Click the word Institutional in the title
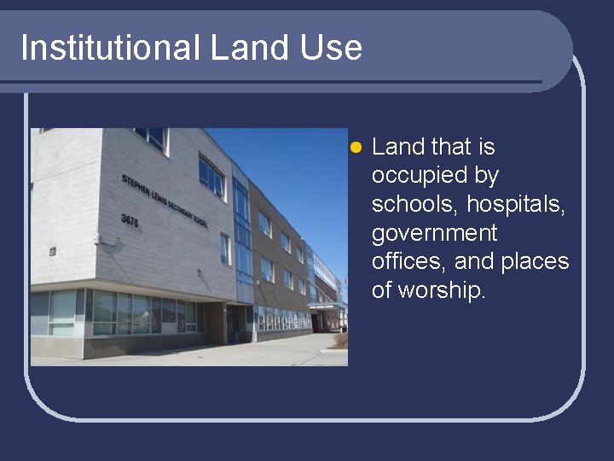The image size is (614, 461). pos(110,48)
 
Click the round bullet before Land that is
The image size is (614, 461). pos(356,148)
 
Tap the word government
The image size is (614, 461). pos(434,233)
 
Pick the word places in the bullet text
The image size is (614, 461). pos(535,261)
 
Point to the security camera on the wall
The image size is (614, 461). pos(101,240)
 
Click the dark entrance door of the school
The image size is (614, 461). pos(232,323)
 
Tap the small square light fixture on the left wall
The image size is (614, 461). pos(53,252)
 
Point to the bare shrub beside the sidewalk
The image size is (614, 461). pos(341,340)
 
